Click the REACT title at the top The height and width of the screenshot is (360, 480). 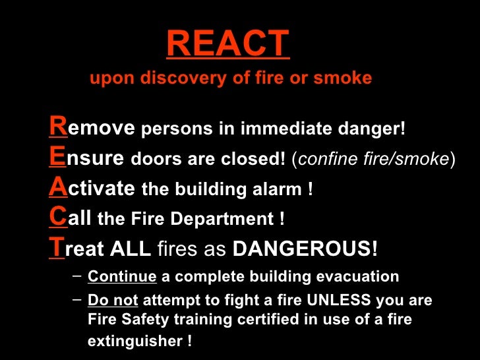(227, 44)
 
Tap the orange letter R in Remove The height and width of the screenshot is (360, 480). (57, 127)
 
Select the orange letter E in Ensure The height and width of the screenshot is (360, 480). (57, 158)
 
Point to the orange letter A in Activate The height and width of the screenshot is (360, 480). (58, 189)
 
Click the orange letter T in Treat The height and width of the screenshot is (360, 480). (57, 249)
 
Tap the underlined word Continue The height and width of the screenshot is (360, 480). (122, 276)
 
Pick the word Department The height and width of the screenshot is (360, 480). (226, 220)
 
